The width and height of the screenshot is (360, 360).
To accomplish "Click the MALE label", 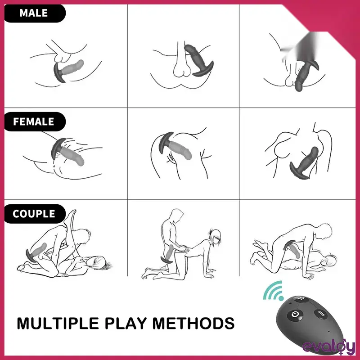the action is coord(34,13).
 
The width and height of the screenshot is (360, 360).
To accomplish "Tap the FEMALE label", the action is coord(33,121).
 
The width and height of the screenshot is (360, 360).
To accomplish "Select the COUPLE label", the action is coord(34,214).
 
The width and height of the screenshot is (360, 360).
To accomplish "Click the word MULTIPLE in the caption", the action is coord(58,323).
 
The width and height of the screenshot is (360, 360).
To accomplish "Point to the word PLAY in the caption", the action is coord(126,323).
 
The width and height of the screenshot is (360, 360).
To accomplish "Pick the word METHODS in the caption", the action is coord(193,323).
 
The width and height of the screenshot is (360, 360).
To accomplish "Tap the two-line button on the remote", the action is coord(320,314).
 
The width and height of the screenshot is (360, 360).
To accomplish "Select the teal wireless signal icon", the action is coord(273,291).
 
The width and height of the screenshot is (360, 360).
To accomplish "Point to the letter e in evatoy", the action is coord(307,347).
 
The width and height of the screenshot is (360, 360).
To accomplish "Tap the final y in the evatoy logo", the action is coord(350,348).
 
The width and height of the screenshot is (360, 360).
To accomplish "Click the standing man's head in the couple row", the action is coord(177,215).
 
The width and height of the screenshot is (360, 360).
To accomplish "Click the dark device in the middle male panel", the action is coord(199,60).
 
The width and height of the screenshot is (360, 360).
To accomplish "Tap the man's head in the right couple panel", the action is coord(324,231).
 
